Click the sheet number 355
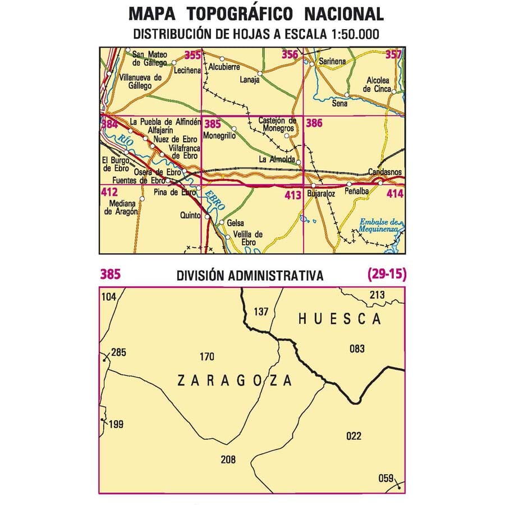[192, 55]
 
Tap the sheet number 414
[395, 194]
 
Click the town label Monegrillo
[219, 135]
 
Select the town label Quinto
[191, 214]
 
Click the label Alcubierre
[224, 66]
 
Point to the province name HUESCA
[339, 319]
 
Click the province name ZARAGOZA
[235, 381]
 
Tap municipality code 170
[207, 356]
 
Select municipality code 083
[357, 348]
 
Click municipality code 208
[228, 460]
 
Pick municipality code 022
[354, 436]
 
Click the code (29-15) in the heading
[387, 274]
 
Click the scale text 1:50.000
[352, 34]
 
